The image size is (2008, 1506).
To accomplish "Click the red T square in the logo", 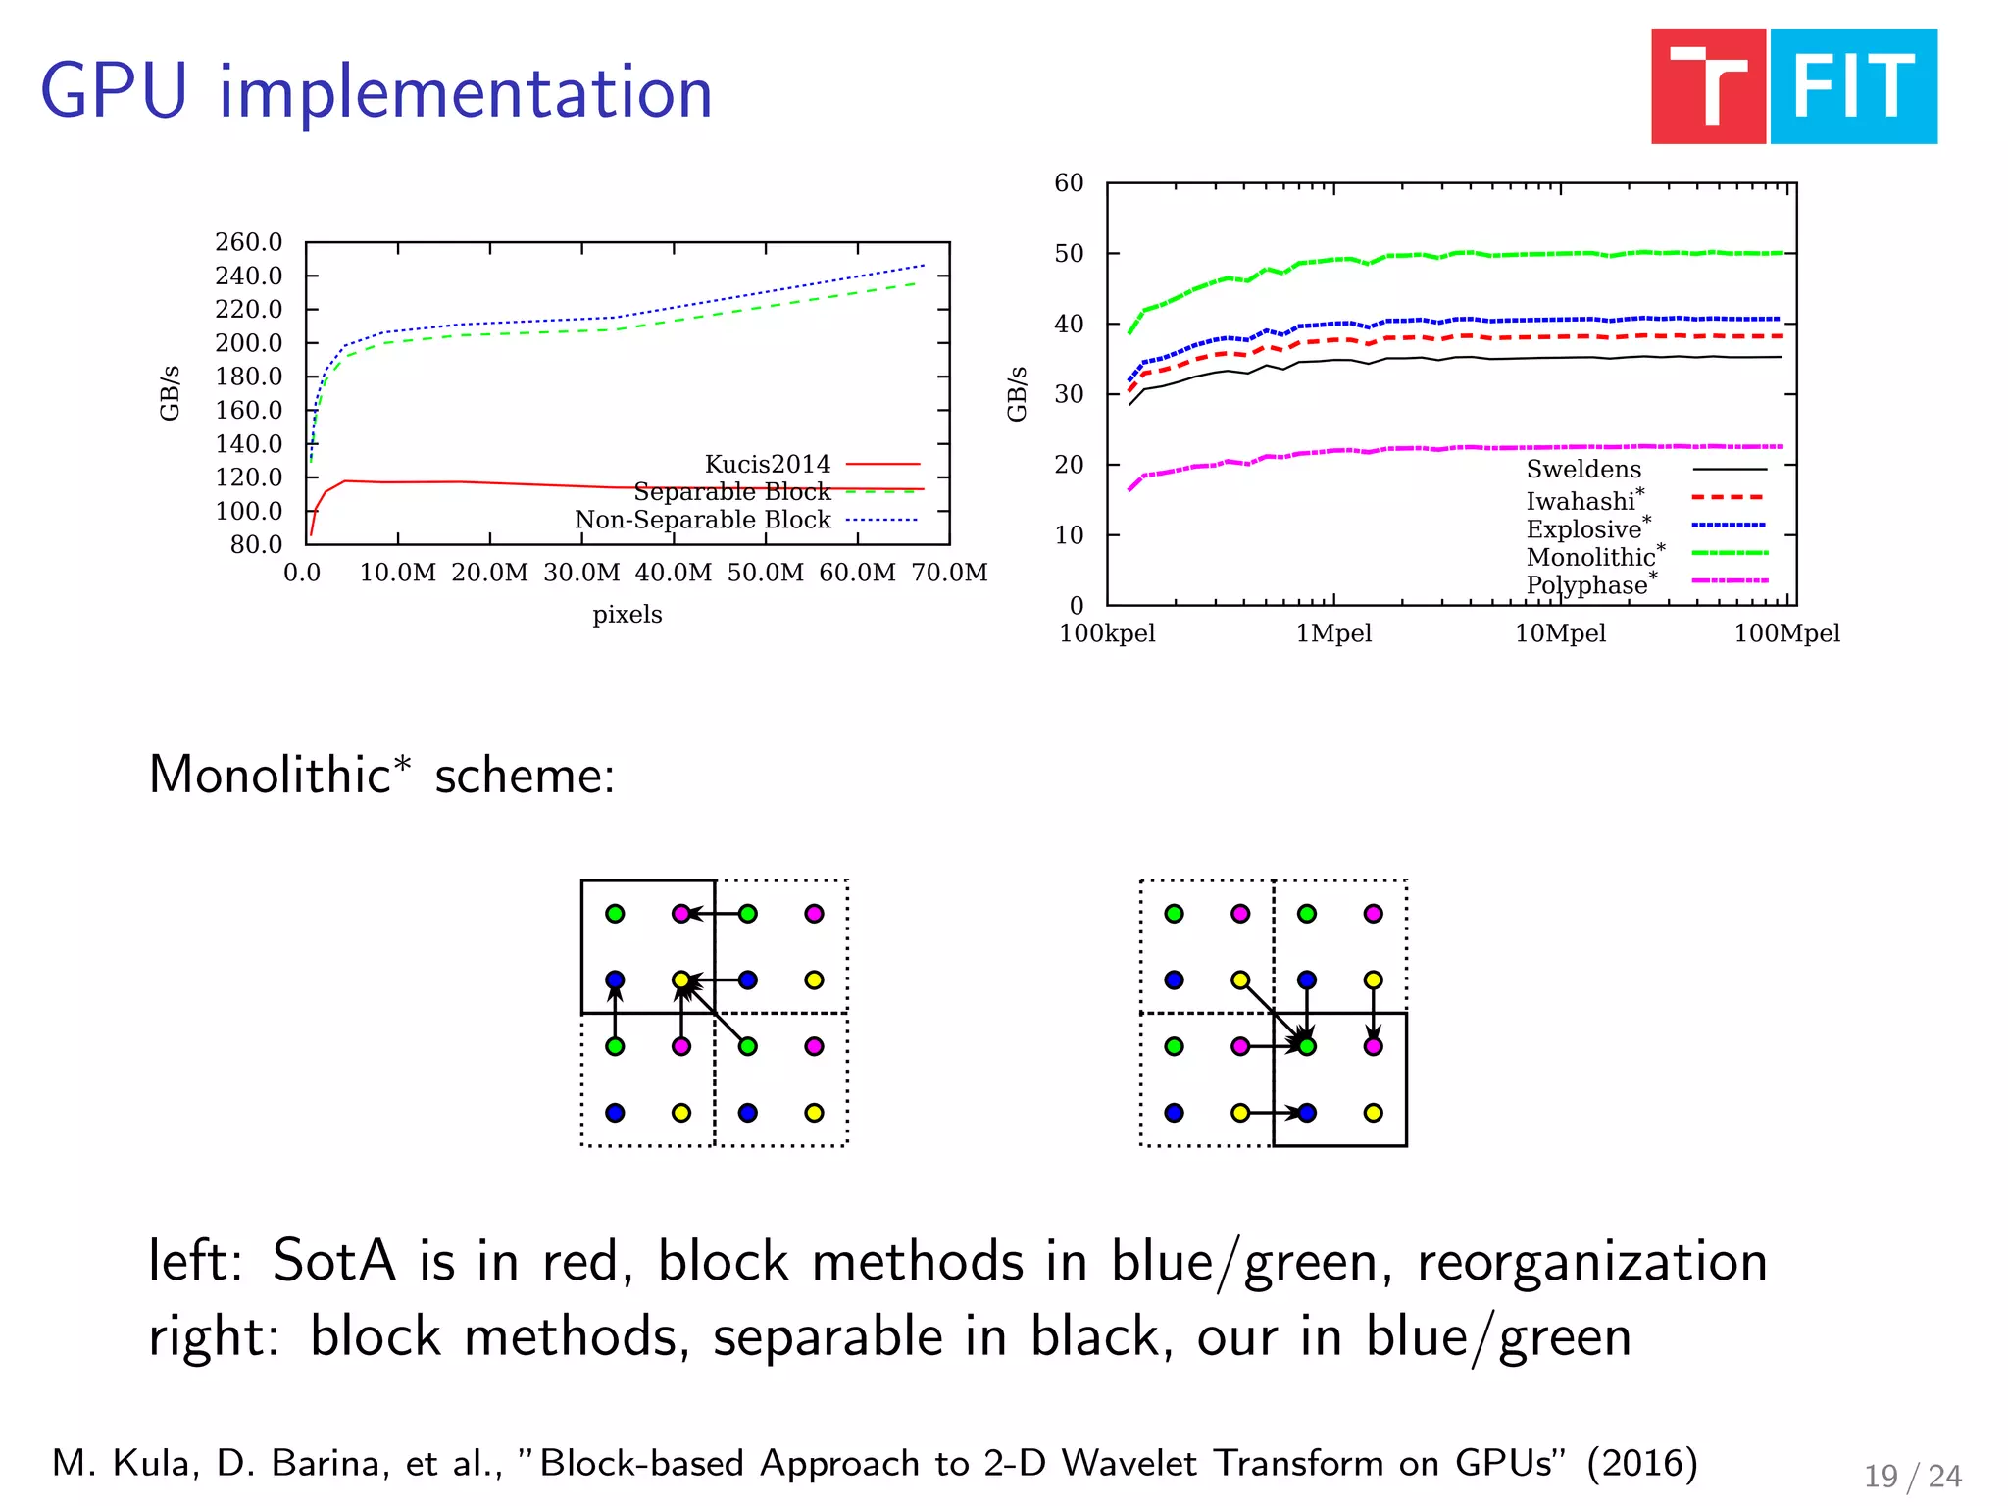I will coord(1708,87).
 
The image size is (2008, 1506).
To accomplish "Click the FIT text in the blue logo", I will coord(1853,87).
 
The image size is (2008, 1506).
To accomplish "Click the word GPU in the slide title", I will coord(114,92).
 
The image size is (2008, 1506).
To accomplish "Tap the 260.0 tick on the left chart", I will coord(248,242).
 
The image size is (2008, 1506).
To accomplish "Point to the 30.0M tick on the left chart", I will coord(581,573).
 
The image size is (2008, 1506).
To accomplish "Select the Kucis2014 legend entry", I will coord(767,464).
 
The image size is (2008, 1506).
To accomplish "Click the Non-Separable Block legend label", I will coord(702,520).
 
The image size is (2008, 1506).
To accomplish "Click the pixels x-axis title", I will coord(627,615).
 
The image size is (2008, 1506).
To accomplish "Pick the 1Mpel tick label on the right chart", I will coord(1333,633).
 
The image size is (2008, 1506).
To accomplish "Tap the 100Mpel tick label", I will coord(1786,633).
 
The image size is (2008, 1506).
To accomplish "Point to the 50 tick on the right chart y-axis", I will coord(1069,254).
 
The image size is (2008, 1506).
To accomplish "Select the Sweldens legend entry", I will coord(1583,470).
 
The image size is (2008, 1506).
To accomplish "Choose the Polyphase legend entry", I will coord(1587,585).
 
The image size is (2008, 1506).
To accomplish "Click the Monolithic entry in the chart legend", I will coord(1591,557).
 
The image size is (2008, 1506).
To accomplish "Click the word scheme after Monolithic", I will coord(525,776).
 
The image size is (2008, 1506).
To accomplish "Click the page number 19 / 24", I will coord(1912,1476).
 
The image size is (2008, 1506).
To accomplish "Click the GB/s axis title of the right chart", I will coord(1017,394).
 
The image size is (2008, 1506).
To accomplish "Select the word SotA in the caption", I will coord(333,1261).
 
